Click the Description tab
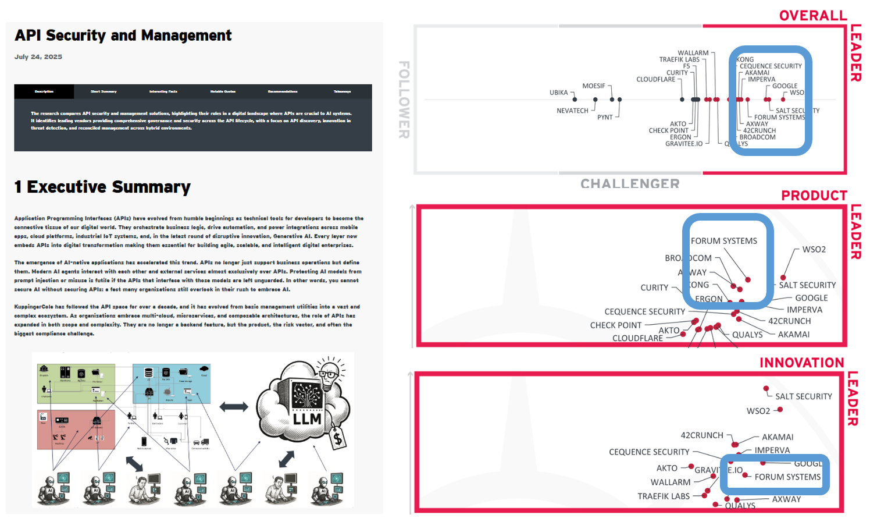(44, 91)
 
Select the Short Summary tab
(104, 91)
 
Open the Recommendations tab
(283, 91)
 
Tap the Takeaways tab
(342, 91)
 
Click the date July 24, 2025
(38, 57)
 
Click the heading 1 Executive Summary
(102, 187)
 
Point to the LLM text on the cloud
(306, 419)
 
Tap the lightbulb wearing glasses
(329, 371)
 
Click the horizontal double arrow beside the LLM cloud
(234, 407)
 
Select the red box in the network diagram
(76, 430)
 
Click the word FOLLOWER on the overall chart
(404, 100)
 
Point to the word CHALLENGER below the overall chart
(630, 184)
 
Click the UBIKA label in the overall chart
(558, 93)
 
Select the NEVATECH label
(572, 111)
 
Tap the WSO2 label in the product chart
(814, 249)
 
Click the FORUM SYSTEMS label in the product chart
(723, 241)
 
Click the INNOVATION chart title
(801, 363)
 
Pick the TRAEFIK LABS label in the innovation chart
(664, 496)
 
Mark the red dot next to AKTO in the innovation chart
(691, 466)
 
